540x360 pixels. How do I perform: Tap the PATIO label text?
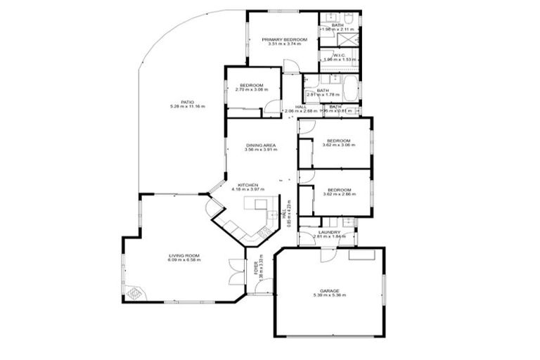coord(187,101)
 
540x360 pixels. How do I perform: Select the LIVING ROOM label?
coord(184,255)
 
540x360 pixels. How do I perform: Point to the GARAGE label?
coord(329,290)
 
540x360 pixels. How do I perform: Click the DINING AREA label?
coord(260,146)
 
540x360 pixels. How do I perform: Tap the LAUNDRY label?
coord(329,232)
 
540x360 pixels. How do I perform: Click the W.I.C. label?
coord(340,56)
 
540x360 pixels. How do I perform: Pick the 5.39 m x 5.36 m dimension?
coord(329,295)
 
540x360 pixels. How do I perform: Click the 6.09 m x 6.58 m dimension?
coord(184,260)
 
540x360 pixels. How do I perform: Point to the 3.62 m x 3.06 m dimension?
coord(338,146)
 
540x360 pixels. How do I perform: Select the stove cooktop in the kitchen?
coord(265,232)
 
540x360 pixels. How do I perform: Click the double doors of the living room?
coord(236,273)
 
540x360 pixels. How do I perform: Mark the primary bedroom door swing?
coord(291,66)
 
